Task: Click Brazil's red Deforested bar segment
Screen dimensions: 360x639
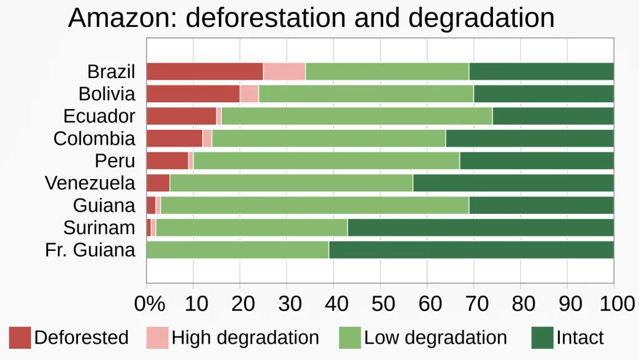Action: click(205, 72)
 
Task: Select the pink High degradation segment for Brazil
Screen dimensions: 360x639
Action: click(285, 72)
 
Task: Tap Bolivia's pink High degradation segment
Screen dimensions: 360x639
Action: click(249, 94)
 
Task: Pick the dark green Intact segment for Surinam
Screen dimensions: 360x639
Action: click(480, 228)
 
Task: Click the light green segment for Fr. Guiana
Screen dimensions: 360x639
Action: click(238, 250)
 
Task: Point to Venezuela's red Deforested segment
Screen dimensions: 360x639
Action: click(158, 183)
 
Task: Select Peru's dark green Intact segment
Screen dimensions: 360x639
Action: click(537, 161)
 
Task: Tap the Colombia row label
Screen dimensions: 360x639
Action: click(94, 139)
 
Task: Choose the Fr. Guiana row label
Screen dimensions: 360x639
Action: click(90, 250)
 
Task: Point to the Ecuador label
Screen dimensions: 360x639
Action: click(99, 117)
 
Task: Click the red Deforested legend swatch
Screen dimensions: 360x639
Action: click(20, 338)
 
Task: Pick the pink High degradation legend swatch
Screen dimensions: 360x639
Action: click(157, 338)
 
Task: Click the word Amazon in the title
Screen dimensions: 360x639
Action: click(122, 18)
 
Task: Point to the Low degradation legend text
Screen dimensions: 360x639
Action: click(436, 338)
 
